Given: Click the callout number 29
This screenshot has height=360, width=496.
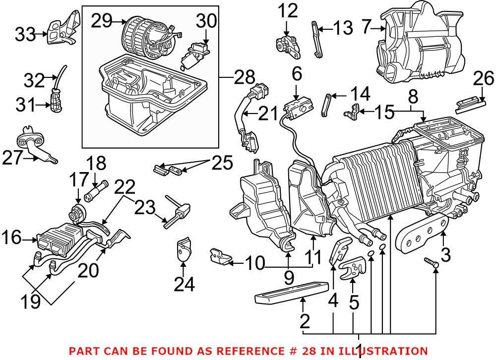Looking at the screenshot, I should tap(101, 21).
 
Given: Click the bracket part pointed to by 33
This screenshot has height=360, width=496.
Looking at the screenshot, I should tap(63, 27).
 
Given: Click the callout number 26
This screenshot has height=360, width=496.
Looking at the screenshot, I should tap(484, 78).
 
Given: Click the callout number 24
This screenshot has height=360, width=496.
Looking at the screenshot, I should tap(184, 284).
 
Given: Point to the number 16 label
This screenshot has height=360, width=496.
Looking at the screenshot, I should tap(14, 239).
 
